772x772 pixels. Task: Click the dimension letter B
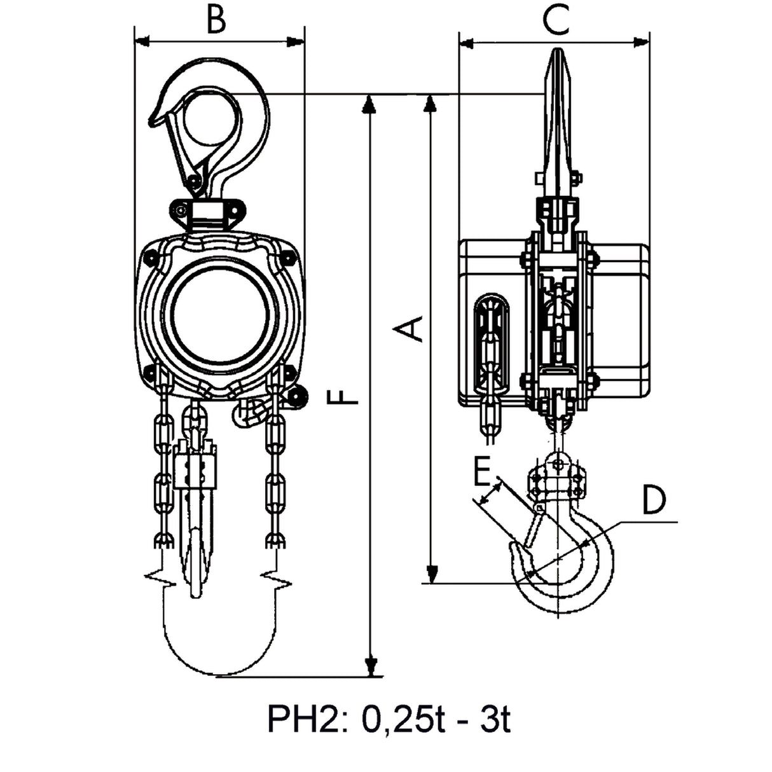[217, 18]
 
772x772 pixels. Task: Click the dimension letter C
[556, 18]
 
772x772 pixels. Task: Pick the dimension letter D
[654, 499]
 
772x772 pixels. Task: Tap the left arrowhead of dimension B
[142, 41]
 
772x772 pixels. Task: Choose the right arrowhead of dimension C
[642, 41]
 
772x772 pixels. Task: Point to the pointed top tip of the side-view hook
[557, 50]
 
